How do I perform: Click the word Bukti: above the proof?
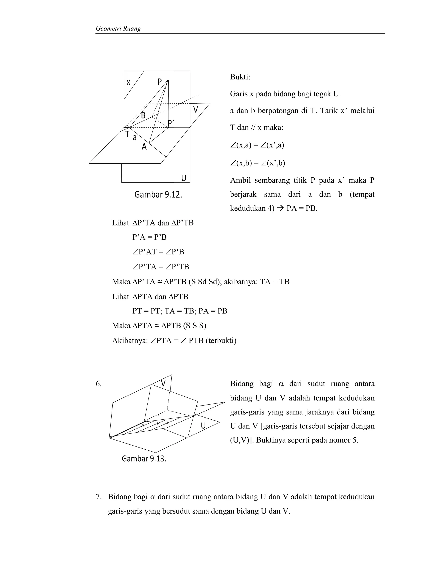pyautogui.click(x=240, y=77)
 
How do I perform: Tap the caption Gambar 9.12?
pyautogui.click(x=158, y=195)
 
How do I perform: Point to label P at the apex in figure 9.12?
pyautogui.click(x=160, y=82)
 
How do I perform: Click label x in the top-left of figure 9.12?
pyautogui.click(x=128, y=83)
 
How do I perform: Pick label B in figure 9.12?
pyautogui.click(x=143, y=115)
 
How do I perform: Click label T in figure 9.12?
pyautogui.click(x=127, y=134)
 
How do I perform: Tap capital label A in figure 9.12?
pyautogui.click(x=144, y=147)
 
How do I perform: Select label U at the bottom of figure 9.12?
pyautogui.click(x=184, y=178)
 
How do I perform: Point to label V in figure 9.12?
pyautogui.click(x=196, y=109)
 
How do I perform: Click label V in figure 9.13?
pyautogui.click(x=163, y=384)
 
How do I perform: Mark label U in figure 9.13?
pyautogui.click(x=203, y=426)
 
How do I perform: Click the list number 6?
pyautogui.click(x=99, y=384)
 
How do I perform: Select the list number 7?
pyautogui.click(x=99, y=497)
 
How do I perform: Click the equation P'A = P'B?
pyautogui.click(x=149, y=237)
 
